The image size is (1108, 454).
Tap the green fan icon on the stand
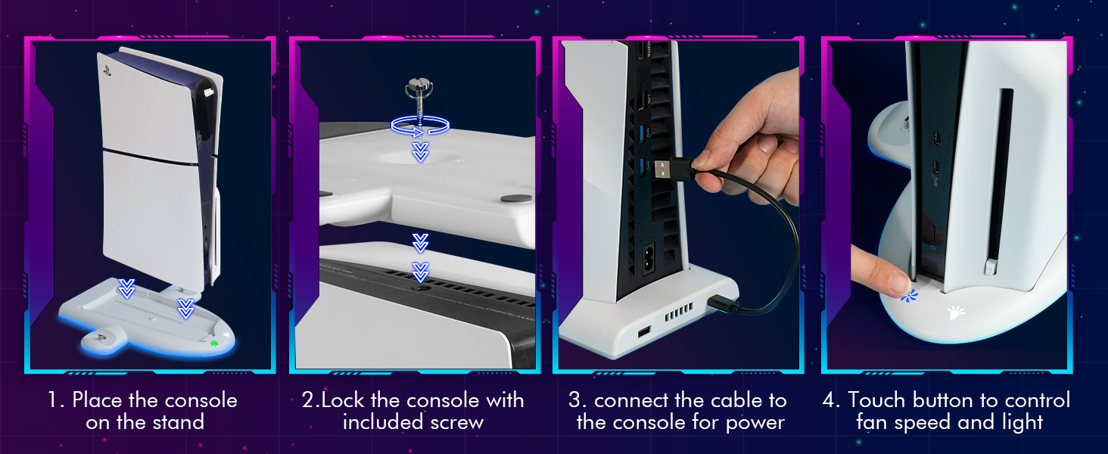(x=214, y=344)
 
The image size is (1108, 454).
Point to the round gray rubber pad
(x=513, y=199)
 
